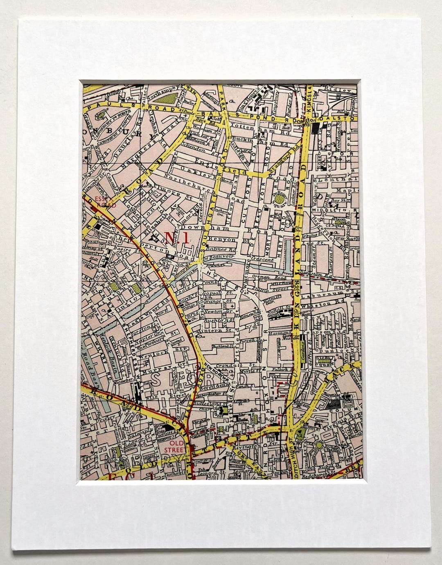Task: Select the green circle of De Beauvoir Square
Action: tap(280, 199)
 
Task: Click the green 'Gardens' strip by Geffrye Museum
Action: tap(304, 350)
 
